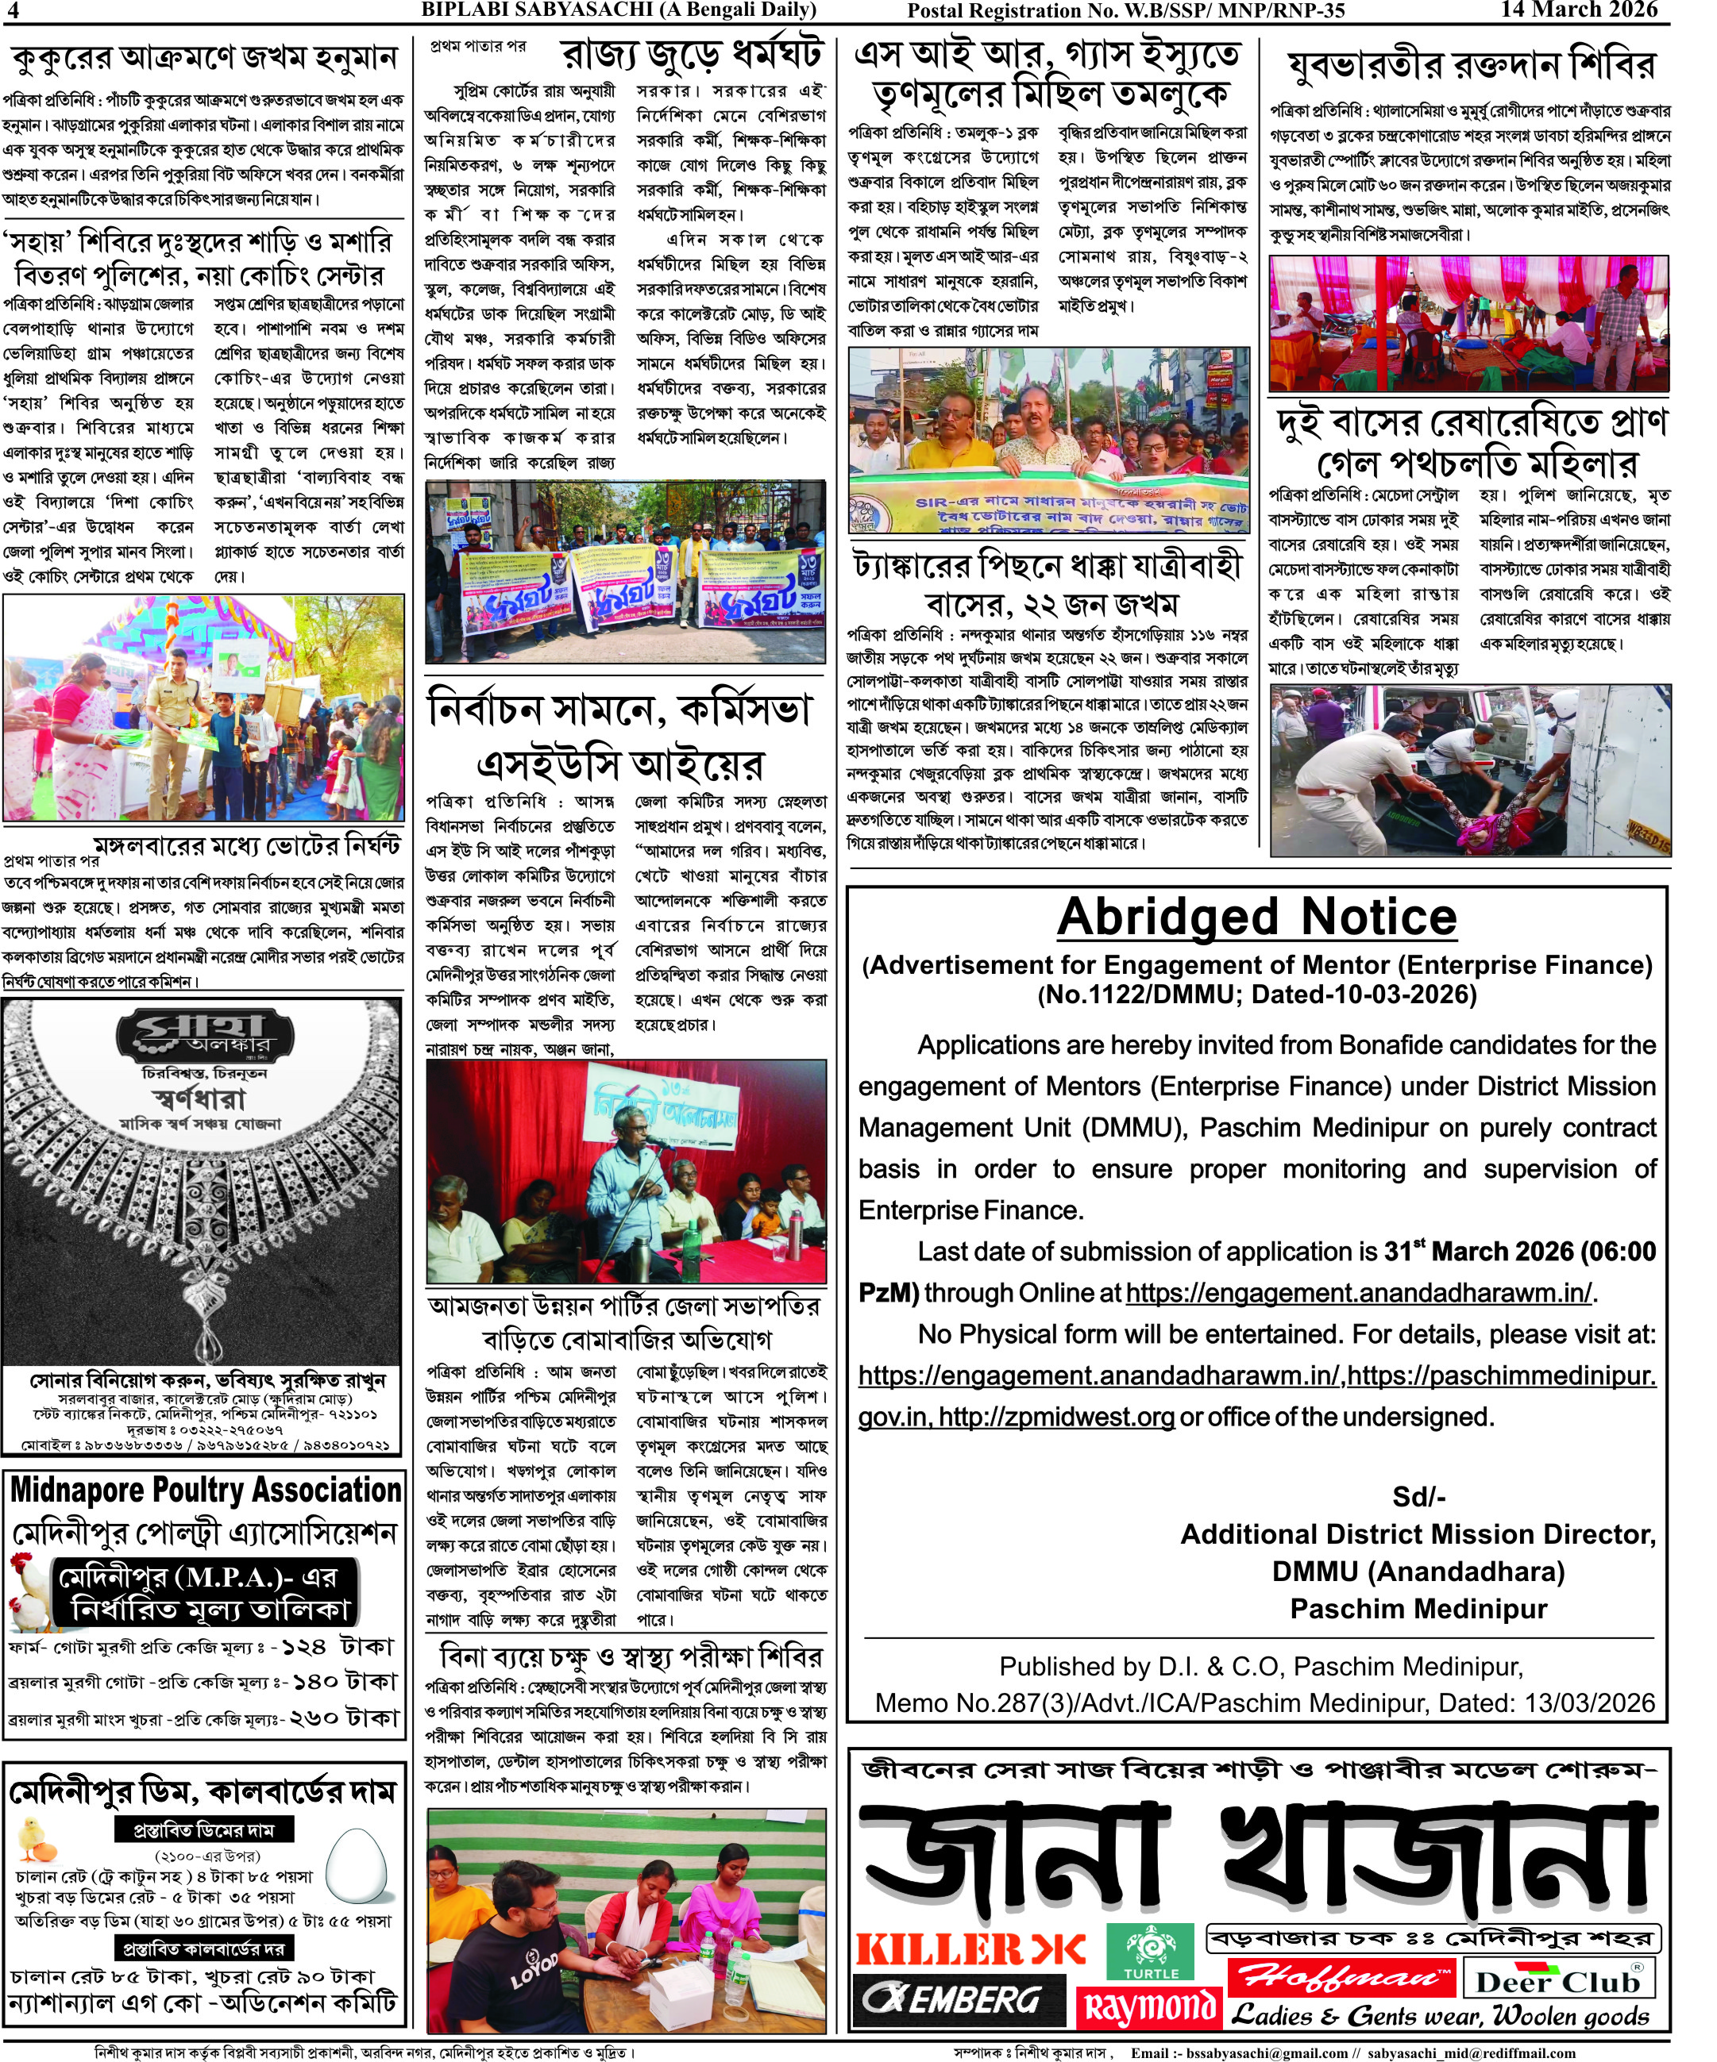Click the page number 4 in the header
(x=13, y=11)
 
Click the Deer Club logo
(x=1559, y=1979)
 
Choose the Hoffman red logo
(x=1343, y=1975)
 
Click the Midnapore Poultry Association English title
(x=205, y=1491)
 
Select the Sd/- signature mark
(x=1418, y=1496)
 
